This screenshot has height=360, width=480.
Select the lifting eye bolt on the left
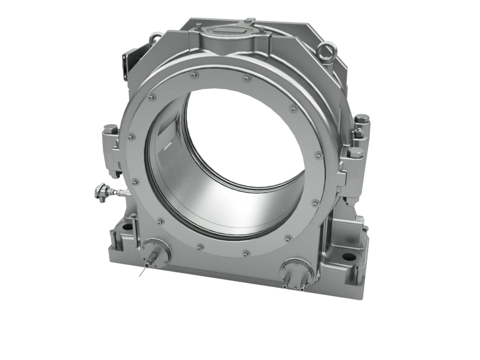pyautogui.click(x=154, y=38)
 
